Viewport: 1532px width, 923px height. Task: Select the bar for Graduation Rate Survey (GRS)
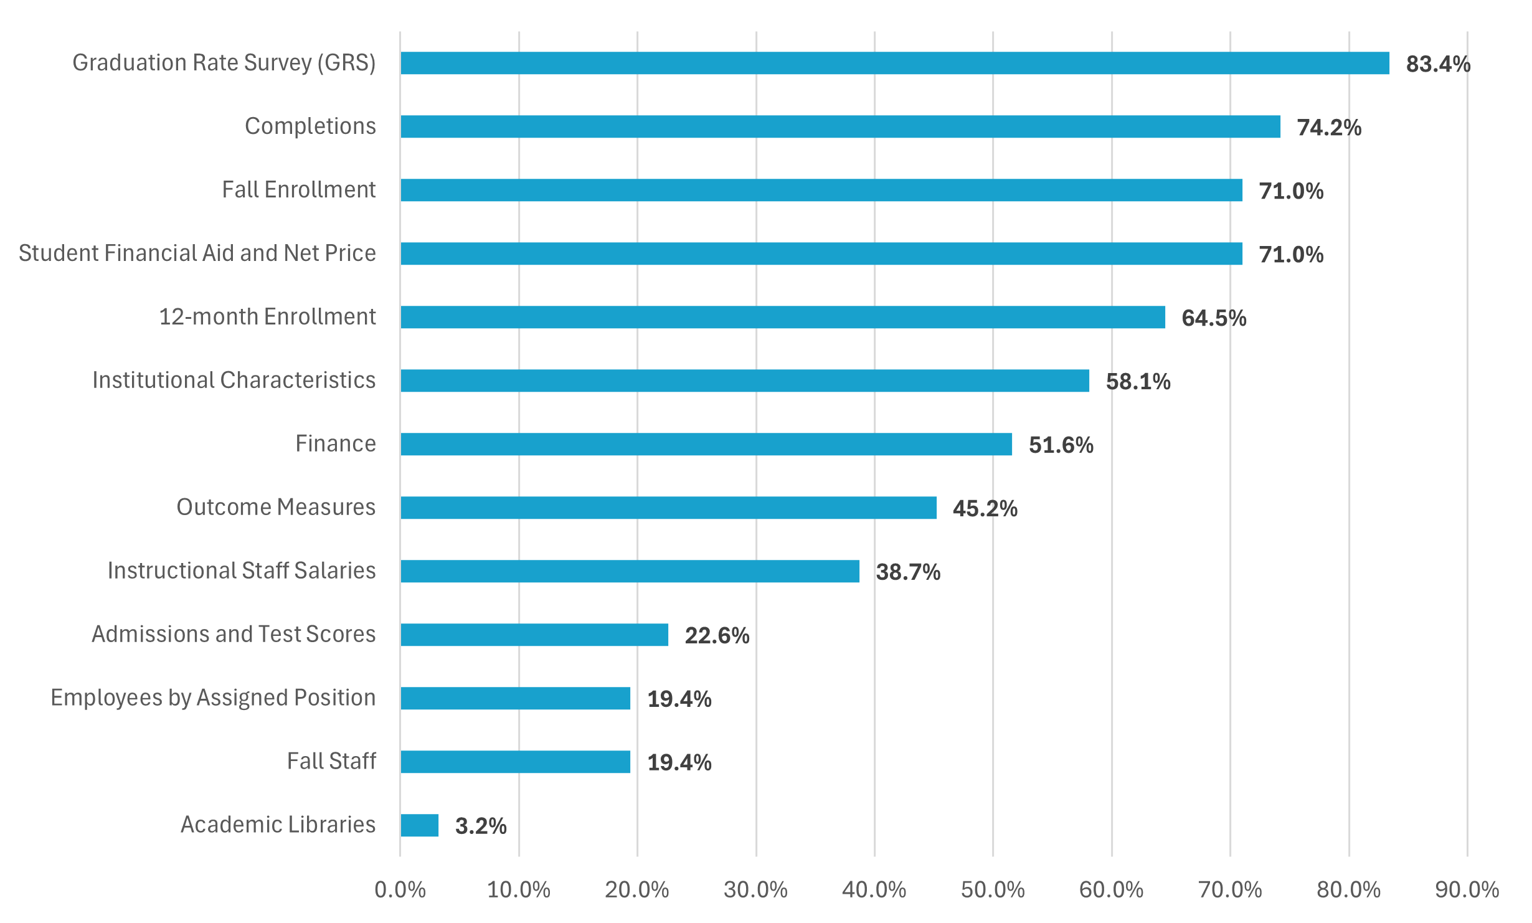click(x=894, y=63)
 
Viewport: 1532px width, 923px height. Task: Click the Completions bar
click(x=840, y=126)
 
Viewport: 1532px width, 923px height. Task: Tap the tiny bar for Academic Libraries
click(x=419, y=825)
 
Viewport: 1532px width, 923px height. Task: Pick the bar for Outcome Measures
click(x=668, y=508)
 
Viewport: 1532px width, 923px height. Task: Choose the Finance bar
click(x=706, y=444)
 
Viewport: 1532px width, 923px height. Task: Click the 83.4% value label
click(x=1438, y=64)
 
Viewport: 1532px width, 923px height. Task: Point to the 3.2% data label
click(x=481, y=826)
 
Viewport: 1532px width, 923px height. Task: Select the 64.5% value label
click(x=1214, y=318)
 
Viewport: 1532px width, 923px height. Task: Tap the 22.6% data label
click(x=717, y=636)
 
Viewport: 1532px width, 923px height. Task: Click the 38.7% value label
click(x=908, y=572)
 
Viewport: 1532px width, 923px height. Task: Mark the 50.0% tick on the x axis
click(x=993, y=890)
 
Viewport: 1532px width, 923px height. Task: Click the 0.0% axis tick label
click(x=400, y=890)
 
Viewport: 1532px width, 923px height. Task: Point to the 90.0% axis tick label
click(x=1467, y=890)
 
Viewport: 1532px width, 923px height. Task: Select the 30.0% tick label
click(x=755, y=890)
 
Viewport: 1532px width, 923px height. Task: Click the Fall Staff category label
click(x=331, y=761)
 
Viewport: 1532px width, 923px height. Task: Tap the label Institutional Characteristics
click(x=234, y=380)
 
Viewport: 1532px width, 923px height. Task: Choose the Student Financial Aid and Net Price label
click(x=197, y=253)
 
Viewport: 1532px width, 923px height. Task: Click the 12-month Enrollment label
click(x=267, y=316)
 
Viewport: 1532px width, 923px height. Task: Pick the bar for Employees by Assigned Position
click(x=515, y=698)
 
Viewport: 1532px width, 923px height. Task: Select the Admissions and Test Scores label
click(x=234, y=634)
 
